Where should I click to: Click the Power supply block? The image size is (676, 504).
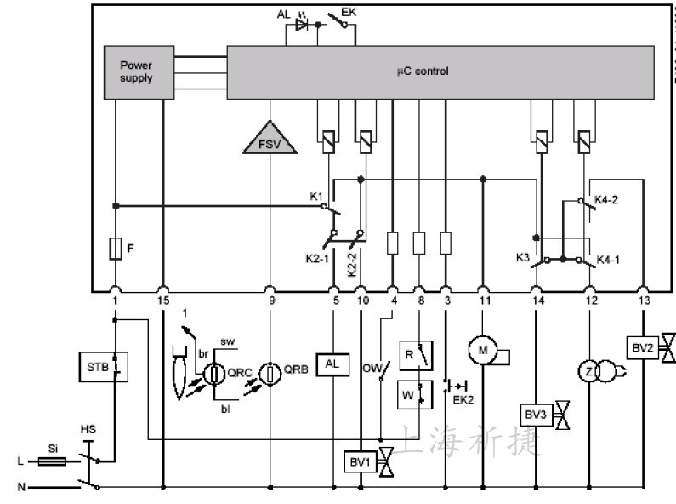tap(139, 72)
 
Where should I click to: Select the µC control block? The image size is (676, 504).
tap(440, 72)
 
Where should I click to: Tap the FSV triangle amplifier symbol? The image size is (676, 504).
tap(270, 138)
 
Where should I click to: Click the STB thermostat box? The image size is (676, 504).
tap(104, 367)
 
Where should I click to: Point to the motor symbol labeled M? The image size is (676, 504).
tap(483, 350)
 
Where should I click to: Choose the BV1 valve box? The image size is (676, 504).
tap(361, 462)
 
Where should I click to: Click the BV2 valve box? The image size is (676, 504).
tap(643, 348)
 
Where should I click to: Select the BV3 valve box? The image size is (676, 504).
tap(537, 415)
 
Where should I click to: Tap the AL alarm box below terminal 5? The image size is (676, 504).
tap(332, 364)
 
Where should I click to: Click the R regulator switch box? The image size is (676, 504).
tap(416, 356)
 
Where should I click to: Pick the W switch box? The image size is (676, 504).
tap(415, 395)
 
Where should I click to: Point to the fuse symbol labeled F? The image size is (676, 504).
tap(115, 249)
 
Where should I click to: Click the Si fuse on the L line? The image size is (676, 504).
tap(53, 461)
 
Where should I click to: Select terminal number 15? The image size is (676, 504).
tap(163, 301)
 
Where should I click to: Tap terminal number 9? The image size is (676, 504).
tap(271, 301)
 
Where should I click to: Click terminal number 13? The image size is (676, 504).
tap(644, 301)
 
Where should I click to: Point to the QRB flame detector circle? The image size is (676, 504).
tap(270, 374)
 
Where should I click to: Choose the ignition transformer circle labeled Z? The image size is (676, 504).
tap(589, 371)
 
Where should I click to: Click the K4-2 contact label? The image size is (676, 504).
tap(606, 200)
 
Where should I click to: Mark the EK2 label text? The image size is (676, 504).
tap(463, 400)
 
